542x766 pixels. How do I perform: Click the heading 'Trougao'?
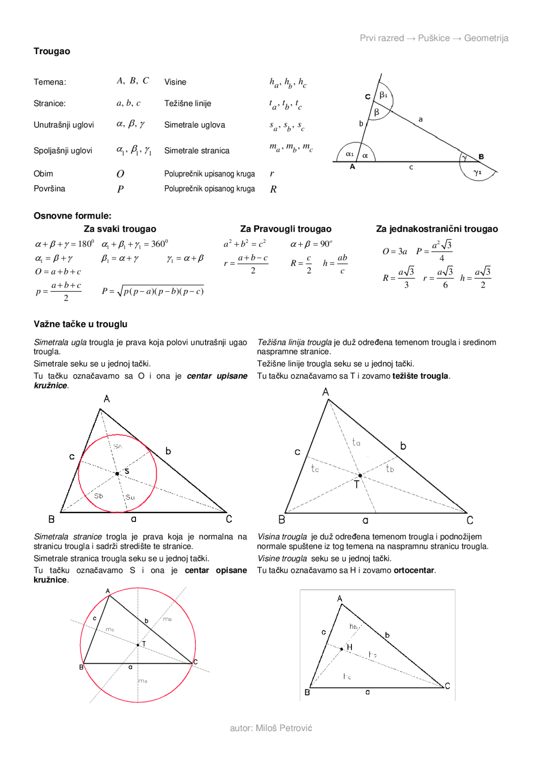52,51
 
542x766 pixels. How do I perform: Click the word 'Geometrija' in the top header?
486,38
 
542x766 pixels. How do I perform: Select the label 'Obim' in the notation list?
43,173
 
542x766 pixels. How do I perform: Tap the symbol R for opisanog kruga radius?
273,189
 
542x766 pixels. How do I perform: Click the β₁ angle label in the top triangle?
383,95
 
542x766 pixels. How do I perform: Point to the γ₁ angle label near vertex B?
478,172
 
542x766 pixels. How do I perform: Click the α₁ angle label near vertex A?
349,154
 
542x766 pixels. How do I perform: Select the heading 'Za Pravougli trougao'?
285,229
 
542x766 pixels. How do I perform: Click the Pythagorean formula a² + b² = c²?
244,244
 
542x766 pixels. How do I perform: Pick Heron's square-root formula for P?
153,291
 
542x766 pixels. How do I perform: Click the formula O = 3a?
394,251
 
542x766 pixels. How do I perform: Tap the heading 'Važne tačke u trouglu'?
80,324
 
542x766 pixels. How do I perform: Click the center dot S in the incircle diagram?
117,473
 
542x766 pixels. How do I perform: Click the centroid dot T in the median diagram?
360,475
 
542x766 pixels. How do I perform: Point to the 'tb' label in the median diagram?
390,468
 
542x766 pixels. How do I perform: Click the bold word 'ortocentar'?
414,570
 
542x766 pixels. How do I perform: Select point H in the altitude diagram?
342,648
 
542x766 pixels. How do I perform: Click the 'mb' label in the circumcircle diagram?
167,619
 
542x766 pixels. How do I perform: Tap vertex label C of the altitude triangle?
448,686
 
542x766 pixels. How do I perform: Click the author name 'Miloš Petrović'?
284,728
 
